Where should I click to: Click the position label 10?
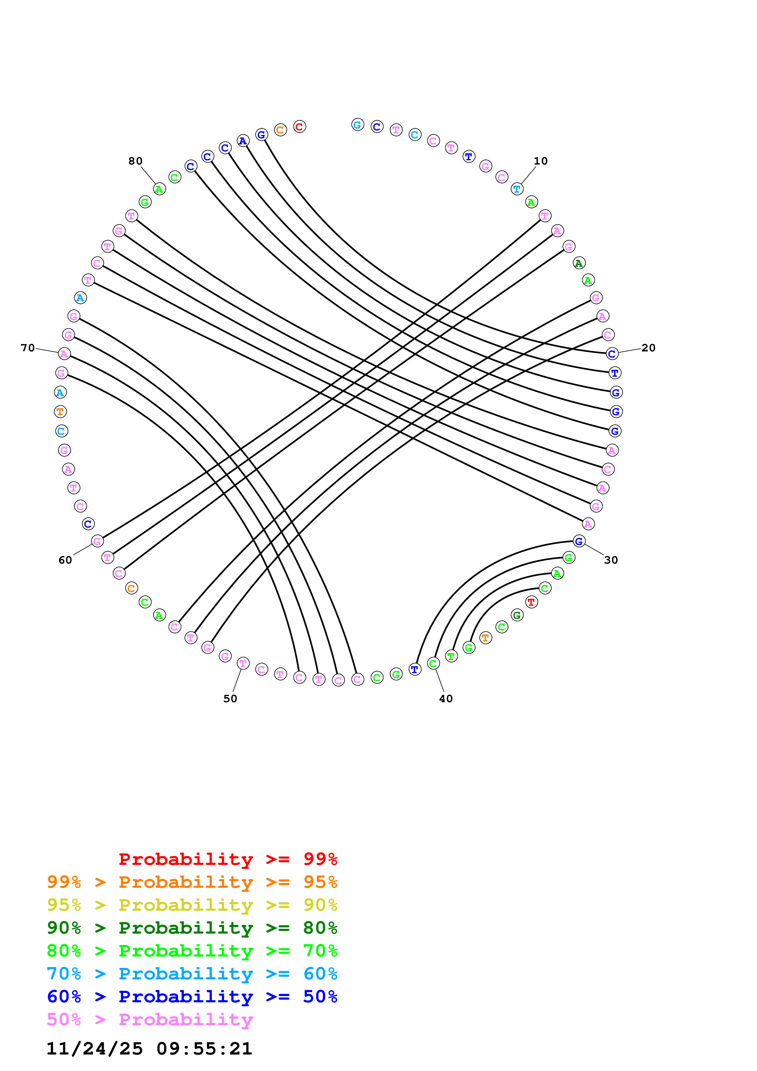[x=540, y=161]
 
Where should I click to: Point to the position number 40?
[x=446, y=698]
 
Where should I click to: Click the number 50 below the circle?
[x=231, y=698]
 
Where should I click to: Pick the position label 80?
[x=135, y=161]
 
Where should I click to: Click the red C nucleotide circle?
[x=300, y=126]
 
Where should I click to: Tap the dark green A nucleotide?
[x=579, y=263]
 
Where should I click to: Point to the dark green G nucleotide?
[x=517, y=615]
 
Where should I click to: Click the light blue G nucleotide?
[x=357, y=125]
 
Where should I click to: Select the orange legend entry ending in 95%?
[x=192, y=882]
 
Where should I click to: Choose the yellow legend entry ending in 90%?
[x=192, y=905]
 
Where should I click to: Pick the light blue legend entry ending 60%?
[x=192, y=974]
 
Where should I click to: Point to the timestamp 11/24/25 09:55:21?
[x=149, y=1049]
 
